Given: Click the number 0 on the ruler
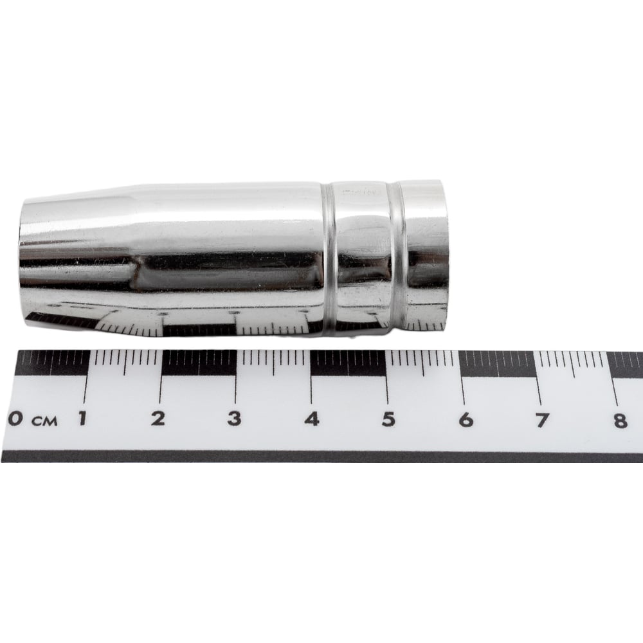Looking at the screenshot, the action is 15,419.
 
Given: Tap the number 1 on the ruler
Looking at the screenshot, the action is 82,418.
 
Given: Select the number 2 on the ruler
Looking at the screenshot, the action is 158,419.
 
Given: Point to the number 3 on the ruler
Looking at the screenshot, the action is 234,419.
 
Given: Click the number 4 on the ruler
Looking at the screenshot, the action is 312,419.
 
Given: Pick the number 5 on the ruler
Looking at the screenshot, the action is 388,419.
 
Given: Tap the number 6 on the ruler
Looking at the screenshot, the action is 466,419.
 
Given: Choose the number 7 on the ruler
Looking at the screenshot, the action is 542,420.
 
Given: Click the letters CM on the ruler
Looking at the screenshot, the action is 45,421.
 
